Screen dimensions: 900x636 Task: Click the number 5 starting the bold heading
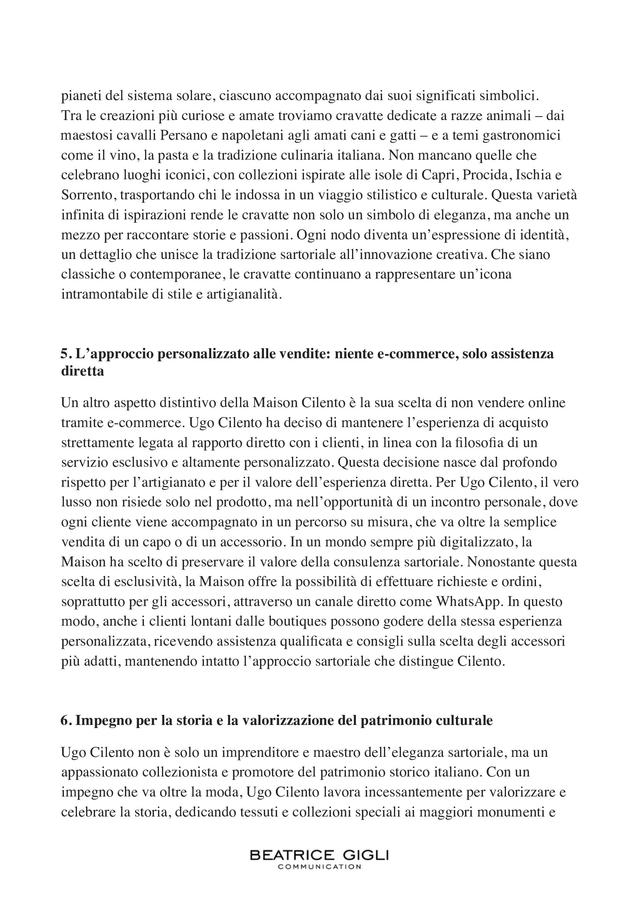point(64,354)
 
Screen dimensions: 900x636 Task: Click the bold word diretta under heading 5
point(83,371)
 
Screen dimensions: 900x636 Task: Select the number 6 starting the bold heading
point(64,720)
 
